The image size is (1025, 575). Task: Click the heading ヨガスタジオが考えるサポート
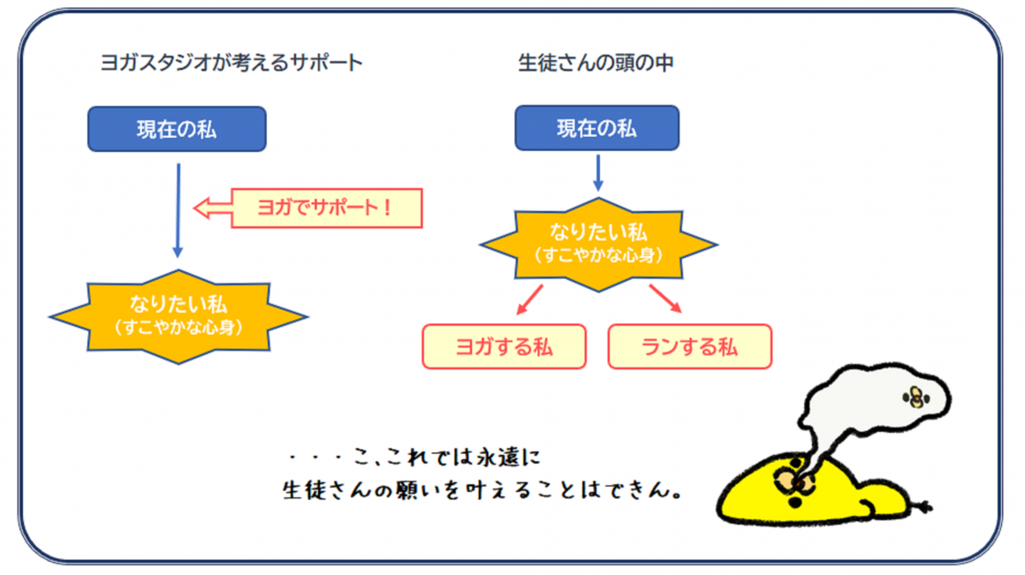[x=232, y=63]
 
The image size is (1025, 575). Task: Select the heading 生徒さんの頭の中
[x=596, y=63]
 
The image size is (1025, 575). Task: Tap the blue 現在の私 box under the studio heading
[x=177, y=129]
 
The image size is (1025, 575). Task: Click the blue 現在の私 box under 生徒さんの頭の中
[x=596, y=128]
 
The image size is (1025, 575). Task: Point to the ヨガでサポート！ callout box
[x=327, y=208]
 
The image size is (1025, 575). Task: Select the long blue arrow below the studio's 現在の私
[x=178, y=210]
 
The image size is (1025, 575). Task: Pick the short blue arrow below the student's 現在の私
[x=598, y=173]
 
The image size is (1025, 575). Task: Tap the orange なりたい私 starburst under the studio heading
[x=178, y=316]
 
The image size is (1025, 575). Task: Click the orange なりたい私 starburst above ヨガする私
[x=598, y=245]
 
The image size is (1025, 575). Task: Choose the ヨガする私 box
[x=504, y=346]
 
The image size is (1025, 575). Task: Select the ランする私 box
[x=689, y=346]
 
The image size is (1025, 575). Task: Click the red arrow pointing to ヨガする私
[x=530, y=299]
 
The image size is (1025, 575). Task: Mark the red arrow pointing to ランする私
[x=665, y=299]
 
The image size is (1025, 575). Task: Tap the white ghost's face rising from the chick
[x=916, y=397]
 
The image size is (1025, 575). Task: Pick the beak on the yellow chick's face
[x=796, y=483]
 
